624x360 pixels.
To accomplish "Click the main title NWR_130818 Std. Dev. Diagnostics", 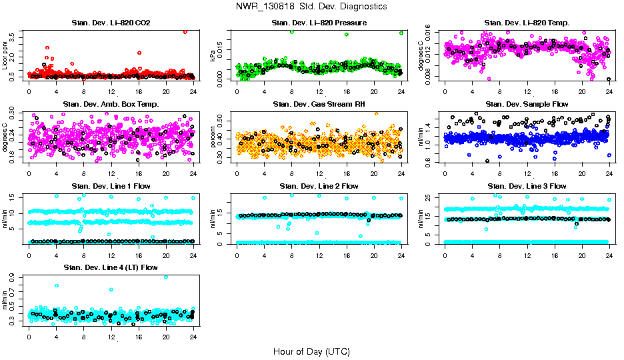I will click(x=311, y=7).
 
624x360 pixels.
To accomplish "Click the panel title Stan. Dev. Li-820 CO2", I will click(x=111, y=23).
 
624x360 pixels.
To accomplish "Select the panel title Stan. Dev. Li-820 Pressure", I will click(x=319, y=23).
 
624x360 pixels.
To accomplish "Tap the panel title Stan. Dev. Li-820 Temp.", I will click(x=527, y=23).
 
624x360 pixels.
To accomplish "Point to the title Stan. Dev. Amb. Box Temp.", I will click(x=111, y=104).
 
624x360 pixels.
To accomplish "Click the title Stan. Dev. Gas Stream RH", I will click(x=319, y=104).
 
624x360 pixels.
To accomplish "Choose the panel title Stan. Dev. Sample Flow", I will click(x=527, y=104).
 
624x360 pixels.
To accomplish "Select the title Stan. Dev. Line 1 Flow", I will click(x=111, y=186).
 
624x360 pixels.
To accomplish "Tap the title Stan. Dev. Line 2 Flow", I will click(x=319, y=186).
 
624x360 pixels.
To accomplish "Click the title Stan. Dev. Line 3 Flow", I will click(x=527, y=186).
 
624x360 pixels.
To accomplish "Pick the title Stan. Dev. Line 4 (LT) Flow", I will click(x=111, y=267).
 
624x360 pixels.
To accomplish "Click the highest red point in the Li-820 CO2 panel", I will click(x=185, y=31).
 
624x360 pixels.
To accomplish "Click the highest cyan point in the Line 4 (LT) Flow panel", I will click(x=166, y=277).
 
